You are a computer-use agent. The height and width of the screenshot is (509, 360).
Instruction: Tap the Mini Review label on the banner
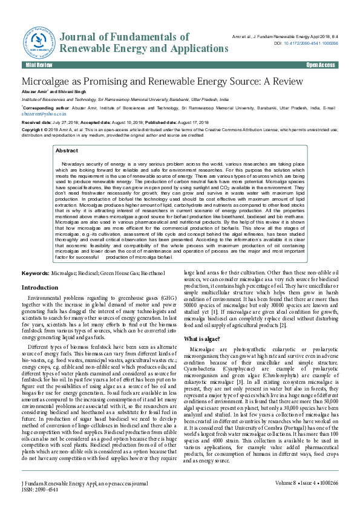pyautogui.click(x=39, y=65)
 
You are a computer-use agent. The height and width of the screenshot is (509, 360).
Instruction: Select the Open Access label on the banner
pyautogui.click(x=320, y=65)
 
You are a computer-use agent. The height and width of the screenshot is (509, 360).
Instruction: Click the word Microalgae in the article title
pyautogui.click(x=48, y=81)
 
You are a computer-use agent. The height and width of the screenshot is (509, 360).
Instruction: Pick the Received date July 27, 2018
pyautogui.click(x=63, y=122)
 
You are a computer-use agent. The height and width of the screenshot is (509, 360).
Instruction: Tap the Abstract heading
pyautogui.click(x=67, y=151)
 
